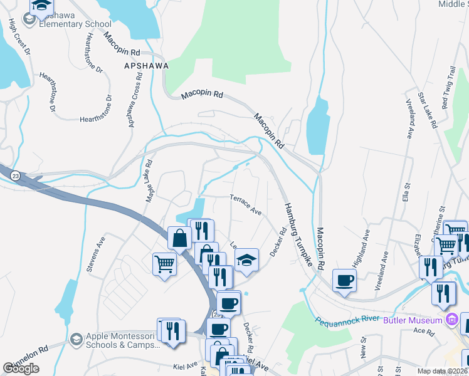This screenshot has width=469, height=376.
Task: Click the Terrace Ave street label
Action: (x=245, y=204)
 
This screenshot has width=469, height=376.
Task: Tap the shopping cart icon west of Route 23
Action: (x=164, y=264)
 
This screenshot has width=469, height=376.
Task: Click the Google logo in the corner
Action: (x=21, y=368)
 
